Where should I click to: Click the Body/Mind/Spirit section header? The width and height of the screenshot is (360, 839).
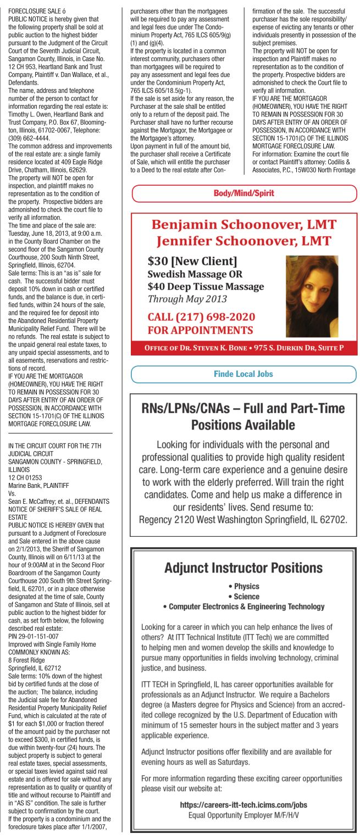click(x=244, y=193)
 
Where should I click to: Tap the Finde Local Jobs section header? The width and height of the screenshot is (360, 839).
click(x=243, y=374)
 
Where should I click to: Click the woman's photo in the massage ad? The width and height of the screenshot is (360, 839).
click(x=312, y=296)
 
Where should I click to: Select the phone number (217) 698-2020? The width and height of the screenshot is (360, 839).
click(x=201, y=318)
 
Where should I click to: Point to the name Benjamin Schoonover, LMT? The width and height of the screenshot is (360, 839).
click(x=244, y=225)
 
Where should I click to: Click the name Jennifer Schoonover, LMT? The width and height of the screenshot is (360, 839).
click(x=244, y=241)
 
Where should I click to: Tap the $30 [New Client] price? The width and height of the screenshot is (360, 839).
click(x=192, y=260)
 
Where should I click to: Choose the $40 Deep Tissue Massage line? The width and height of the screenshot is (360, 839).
click(x=206, y=286)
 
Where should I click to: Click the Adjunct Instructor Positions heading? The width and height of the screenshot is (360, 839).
click(x=243, y=568)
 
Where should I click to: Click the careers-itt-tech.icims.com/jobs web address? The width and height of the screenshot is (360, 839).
click(x=243, y=805)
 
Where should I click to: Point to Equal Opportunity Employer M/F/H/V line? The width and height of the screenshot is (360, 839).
click(x=243, y=815)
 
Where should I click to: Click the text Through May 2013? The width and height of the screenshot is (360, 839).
click(x=187, y=299)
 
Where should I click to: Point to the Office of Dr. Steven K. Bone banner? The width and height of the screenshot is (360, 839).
click(x=244, y=348)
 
